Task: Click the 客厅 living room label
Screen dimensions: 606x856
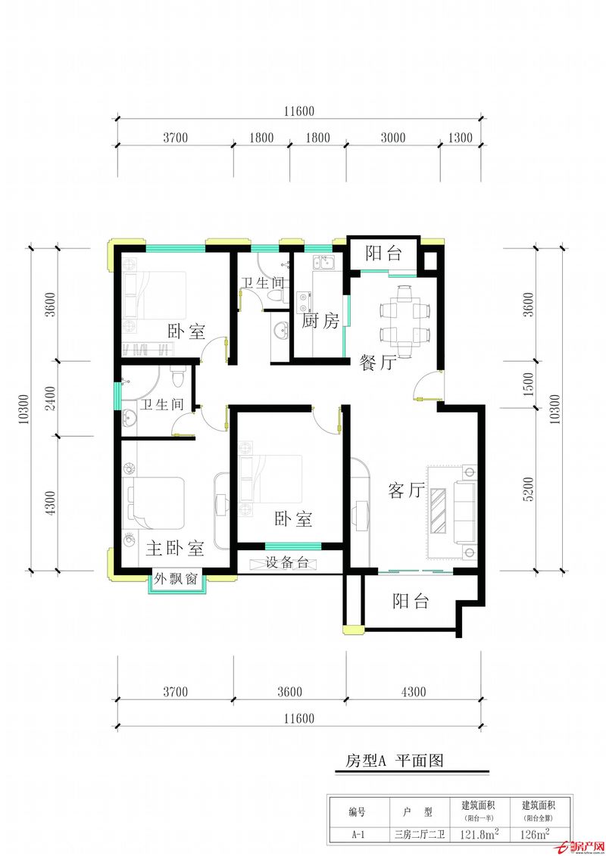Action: (406, 490)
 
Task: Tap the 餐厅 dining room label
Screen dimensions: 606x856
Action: (377, 363)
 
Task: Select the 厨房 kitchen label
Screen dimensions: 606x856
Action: (320, 320)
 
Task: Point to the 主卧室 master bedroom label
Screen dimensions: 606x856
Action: (175, 548)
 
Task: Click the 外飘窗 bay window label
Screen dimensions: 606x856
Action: (176, 579)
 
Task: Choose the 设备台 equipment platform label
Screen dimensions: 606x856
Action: (288, 562)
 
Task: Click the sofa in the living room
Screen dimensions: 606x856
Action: (465, 512)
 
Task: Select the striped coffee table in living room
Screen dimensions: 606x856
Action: (439, 510)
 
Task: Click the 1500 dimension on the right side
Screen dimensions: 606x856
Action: (529, 384)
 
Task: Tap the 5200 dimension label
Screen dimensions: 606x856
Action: (529, 489)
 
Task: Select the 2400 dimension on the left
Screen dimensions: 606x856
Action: (51, 399)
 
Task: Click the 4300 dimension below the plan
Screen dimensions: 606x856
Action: (414, 692)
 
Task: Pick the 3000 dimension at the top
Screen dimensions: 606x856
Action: (393, 138)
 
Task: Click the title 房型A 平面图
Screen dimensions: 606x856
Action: (394, 760)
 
